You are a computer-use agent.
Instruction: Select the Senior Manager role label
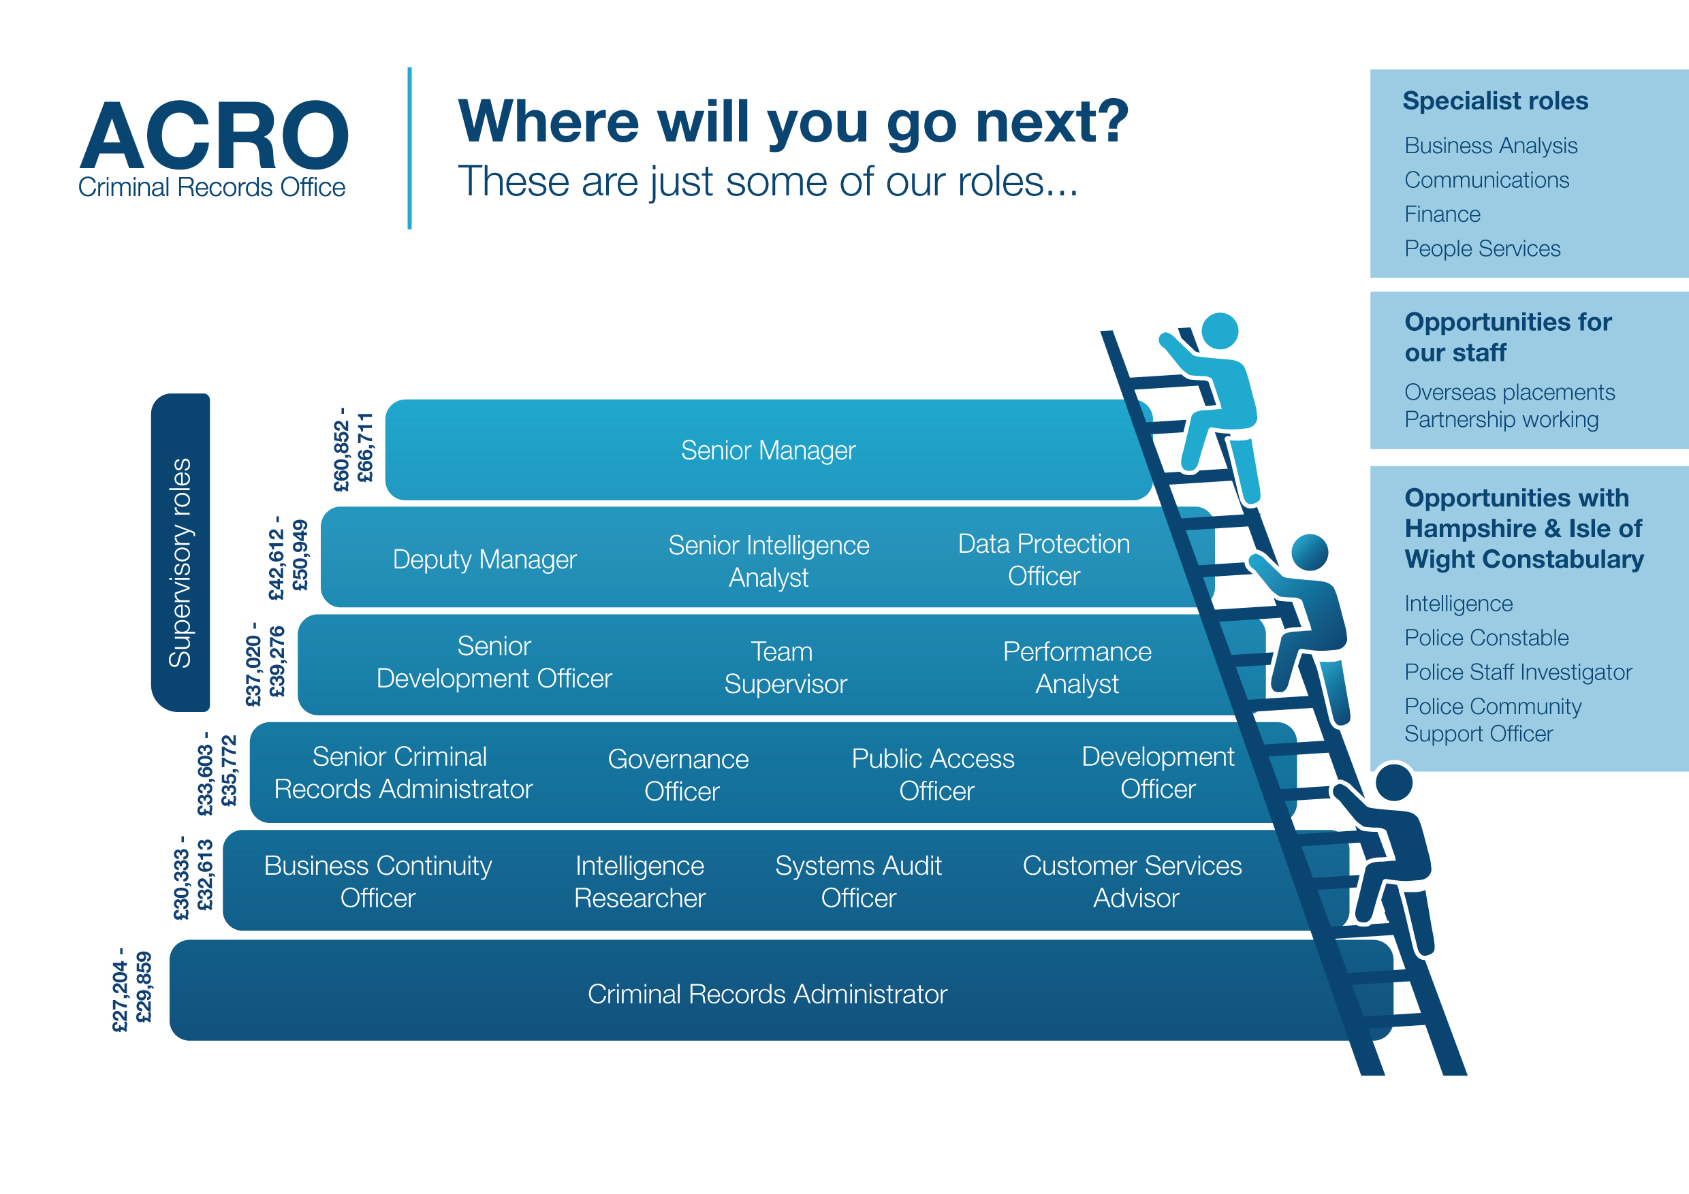coord(768,450)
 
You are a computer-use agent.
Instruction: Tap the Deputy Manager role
coord(484,560)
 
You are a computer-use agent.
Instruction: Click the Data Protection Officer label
coord(1044,560)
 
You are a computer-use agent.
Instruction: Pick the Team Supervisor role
coord(785,668)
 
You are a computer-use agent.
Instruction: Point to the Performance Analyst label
coord(1077,668)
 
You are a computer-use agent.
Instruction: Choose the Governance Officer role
coord(678,775)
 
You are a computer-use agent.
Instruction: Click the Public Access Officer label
coord(933,774)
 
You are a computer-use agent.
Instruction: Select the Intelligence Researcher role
coord(640,882)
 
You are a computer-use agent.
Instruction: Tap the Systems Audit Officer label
coord(859,882)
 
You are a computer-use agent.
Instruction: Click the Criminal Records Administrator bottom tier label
coord(768,994)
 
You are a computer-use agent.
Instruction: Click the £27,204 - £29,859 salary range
coord(131,990)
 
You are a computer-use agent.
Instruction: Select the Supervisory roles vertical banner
coord(180,552)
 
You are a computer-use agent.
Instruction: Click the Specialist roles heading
coord(1495,101)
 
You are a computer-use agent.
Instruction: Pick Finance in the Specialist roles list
coord(1442,214)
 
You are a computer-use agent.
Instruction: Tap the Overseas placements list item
coord(1509,392)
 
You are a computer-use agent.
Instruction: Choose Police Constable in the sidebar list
coord(1486,637)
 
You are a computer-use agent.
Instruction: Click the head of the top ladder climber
coord(1220,332)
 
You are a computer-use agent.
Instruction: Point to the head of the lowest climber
coord(1394,782)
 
